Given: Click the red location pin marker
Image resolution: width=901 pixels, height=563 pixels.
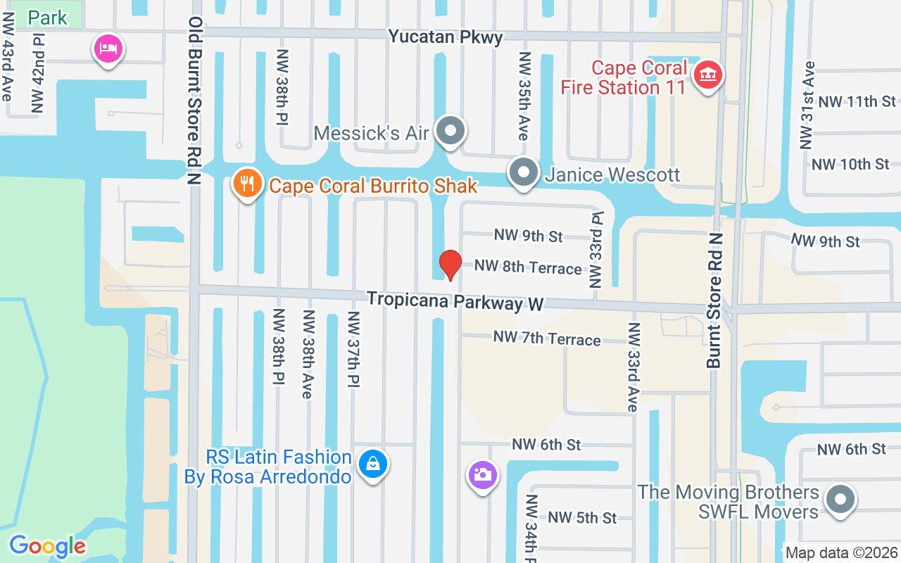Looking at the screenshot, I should tap(450, 265).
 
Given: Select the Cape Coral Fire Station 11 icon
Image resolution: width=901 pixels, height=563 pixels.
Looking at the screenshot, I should tap(708, 75).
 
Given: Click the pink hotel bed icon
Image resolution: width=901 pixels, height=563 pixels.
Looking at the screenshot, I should tap(109, 49).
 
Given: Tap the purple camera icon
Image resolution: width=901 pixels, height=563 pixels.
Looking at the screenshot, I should tap(483, 474).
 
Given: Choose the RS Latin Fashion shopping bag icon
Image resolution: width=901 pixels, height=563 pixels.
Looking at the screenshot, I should tap(372, 464).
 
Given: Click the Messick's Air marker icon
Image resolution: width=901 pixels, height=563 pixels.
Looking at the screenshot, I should tap(450, 131).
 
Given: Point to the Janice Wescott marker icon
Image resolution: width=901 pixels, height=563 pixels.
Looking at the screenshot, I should tap(523, 173).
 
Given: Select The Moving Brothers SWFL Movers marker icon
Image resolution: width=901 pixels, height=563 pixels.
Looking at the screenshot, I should tap(839, 500).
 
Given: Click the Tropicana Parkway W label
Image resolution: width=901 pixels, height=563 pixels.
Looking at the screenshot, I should tap(455, 301).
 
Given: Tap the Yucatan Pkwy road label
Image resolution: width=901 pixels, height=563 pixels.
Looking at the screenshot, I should tap(446, 37).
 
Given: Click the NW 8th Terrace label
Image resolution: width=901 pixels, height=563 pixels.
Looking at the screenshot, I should tap(528, 267).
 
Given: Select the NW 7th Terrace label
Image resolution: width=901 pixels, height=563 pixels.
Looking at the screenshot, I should tap(546, 339).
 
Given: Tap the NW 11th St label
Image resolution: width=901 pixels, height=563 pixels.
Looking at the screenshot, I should tap(857, 101).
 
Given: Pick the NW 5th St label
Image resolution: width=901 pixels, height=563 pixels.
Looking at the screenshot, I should tap(582, 517).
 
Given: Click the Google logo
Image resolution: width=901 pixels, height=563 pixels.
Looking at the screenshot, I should tap(48, 546).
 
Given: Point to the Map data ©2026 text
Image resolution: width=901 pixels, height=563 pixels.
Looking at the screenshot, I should tap(841, 553).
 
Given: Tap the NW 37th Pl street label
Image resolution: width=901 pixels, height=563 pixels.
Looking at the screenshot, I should tap(353, 348).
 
